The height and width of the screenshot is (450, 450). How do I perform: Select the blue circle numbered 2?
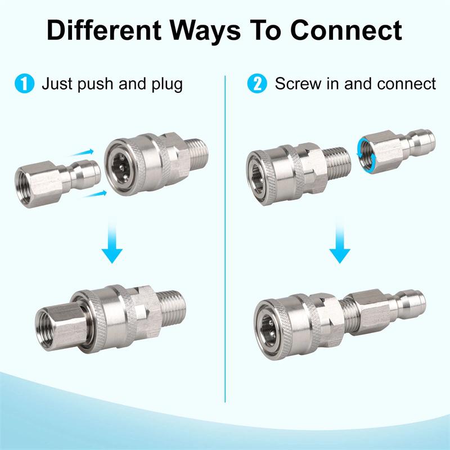(x=256, y=85)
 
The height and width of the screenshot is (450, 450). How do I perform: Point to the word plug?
(x=165, y=85)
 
